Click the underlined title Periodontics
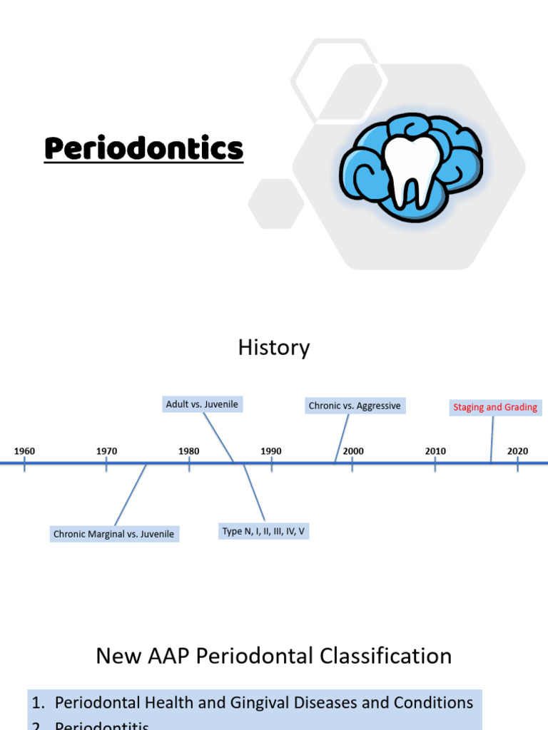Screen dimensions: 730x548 tap(143, 150)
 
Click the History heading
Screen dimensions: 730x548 tap(274, 348)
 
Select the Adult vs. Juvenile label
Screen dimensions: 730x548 tap(202, 404)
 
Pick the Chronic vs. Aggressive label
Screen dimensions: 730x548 tap(355, 406)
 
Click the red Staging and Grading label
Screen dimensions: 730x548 tap(495, 408)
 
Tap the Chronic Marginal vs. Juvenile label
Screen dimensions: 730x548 tap(113, 534)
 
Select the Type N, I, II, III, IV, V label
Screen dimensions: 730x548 tap(263, 531)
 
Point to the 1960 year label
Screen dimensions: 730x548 tap(24, 451)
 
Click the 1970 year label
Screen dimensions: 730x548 tap(106, 451)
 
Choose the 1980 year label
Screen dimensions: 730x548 tap(189, 451)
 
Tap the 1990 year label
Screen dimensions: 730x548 tap(271, 451)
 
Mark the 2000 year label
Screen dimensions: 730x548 tap(353, 451)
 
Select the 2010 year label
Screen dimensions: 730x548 tap(435, 451)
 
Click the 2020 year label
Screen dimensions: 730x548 tap(517, 451)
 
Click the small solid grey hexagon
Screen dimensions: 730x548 tap(276, 204)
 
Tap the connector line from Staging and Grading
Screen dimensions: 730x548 tap(492, 438)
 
